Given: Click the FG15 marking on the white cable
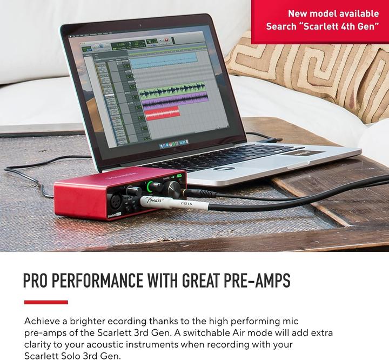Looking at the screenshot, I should click(187, 204).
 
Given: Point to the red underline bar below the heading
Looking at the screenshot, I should click(46, 302).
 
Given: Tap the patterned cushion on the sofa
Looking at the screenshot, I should click(324, 76).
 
